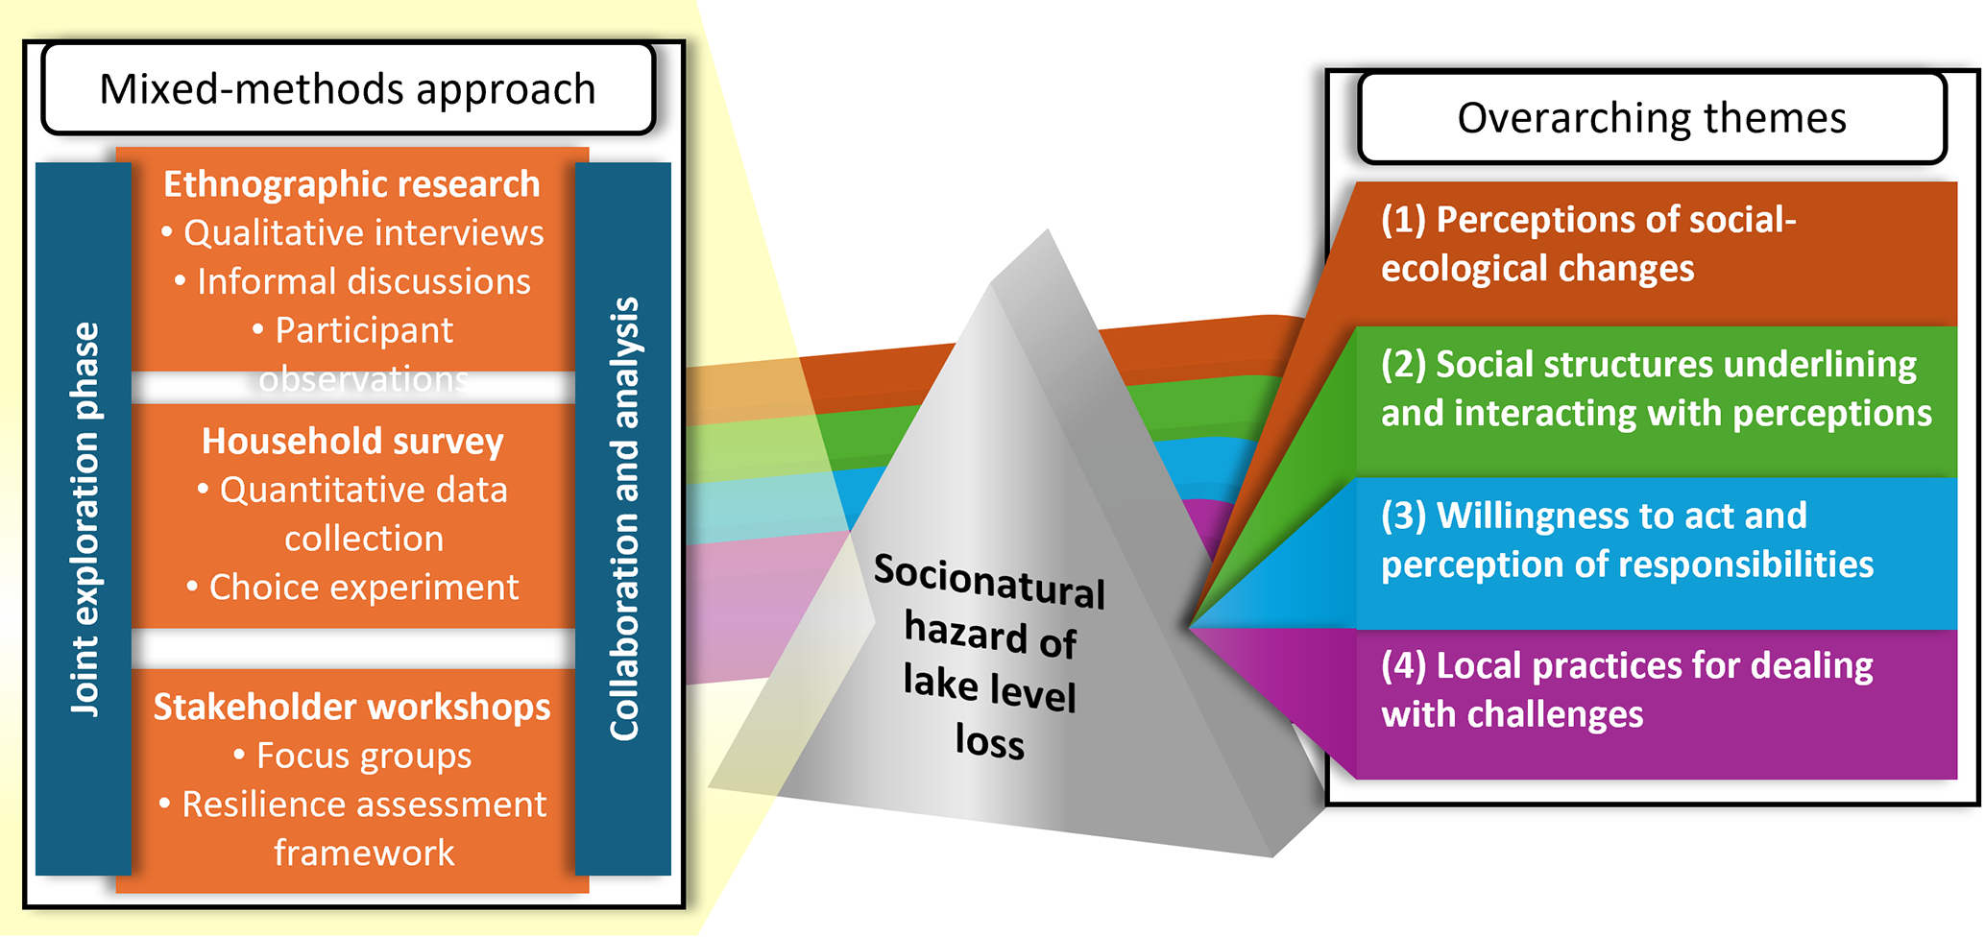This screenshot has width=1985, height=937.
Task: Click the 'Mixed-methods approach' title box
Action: pyautogui.click(x=348, y=89)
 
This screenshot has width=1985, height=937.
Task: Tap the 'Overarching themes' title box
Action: pyautogui.click(x=1651, y=118)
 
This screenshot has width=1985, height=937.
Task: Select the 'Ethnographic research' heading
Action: pyautogui.click(x=351, y=184)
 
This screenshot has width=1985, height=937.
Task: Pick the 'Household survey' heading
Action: pyautogui.click(x=352, y=442)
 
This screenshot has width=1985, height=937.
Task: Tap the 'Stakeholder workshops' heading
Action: pyautogui.click(x=351, y=708)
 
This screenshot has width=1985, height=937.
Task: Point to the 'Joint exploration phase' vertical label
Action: pyautogui.click(x=85, y=518)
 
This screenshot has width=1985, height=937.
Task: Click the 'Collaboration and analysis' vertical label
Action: pyautogui.click(x=624, y=518)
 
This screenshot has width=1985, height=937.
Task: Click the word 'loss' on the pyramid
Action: pyautogui.click(x=989, y=742)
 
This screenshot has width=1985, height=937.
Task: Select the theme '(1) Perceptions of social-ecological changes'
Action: pyautogui.click(x=1587, y=244)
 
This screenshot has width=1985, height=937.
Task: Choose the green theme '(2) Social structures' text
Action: pyautogui.click(x=1655, y=389)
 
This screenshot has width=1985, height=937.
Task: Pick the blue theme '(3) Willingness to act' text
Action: pyautogui.click(x=1626, y=540)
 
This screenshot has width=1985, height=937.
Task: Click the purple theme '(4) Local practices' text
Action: pyautogui.click(x=1626, y=690)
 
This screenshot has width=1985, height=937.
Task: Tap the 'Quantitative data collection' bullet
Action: pyautogui.click(x=363, y=515)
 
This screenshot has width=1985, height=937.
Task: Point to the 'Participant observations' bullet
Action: pyautogui.click(x=363, y=353)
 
